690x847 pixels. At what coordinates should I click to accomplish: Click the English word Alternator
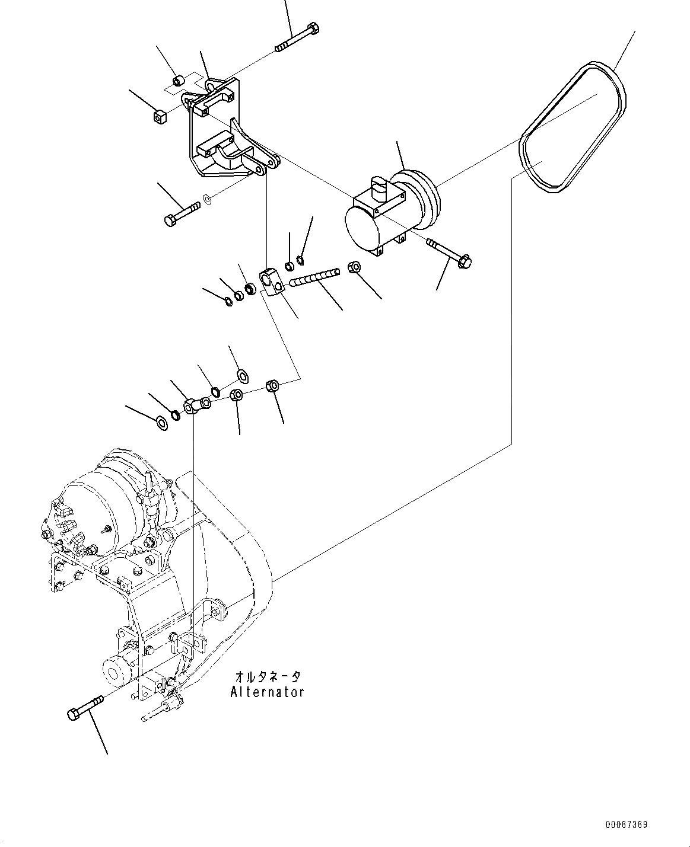click(267, 692)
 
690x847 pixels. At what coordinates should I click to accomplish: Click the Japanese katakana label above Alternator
click(268, 677)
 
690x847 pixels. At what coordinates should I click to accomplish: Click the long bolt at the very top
click(297, 38)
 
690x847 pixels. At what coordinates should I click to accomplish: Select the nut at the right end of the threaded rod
click(354, 268)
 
